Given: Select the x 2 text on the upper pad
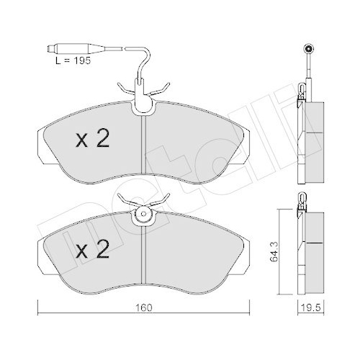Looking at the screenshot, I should coord(91,140).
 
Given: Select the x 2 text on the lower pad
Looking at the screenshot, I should coord(91,251).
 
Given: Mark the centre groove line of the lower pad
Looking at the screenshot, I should coord(144,256).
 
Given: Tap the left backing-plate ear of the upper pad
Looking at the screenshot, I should coord(39,137).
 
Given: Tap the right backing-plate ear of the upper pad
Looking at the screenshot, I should coord(248,137).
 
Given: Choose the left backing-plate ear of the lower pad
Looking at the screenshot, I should coord(39,248).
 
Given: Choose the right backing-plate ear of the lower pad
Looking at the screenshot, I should coord(248,248).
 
